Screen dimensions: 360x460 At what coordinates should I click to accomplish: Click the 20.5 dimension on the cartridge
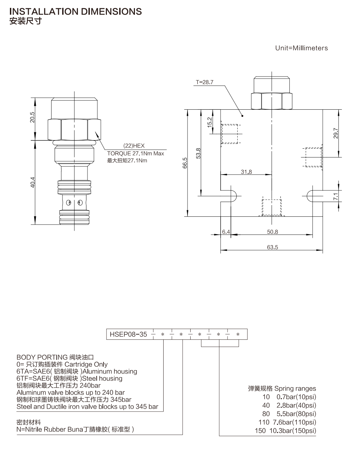pos(32,117)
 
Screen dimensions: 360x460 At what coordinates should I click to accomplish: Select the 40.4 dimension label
pos(32,182)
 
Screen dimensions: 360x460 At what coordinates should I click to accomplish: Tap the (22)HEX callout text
pos(134,146)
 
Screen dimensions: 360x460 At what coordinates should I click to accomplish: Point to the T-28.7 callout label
pos(205,82)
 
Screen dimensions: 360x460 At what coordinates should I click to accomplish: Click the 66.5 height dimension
pos(185,163)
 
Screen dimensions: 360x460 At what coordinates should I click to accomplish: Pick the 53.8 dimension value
pos(198,153)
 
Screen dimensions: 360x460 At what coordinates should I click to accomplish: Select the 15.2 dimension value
pos(209,122)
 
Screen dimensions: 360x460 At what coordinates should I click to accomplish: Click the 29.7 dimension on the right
pos(336,133)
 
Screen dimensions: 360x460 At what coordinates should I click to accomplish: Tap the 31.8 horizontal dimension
pos(246,172)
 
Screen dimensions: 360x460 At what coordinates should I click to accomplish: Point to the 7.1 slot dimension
pos(336,196)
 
